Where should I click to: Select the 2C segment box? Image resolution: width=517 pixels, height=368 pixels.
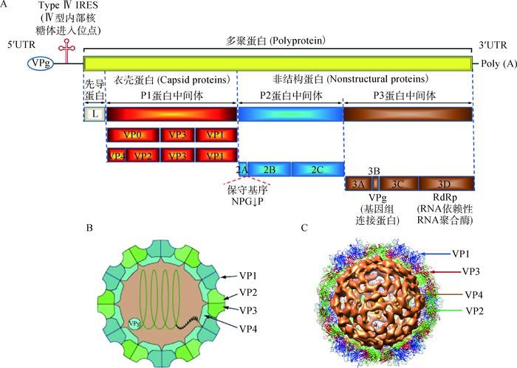pyautogui.click(x=318, y=169)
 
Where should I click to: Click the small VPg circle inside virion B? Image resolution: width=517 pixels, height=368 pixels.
pyautogui.click(x=134, y=323)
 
